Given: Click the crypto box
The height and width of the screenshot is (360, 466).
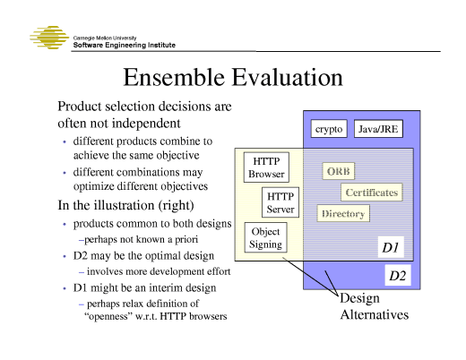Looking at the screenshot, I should [x=329, y=130].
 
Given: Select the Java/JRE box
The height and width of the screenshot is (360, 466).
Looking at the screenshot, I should [x=378, y=130].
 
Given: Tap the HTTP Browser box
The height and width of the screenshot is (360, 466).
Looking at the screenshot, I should [x=266, y=167].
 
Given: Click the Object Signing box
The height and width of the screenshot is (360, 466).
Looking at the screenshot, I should [x=265, y=237].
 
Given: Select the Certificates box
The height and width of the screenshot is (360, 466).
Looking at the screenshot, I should [x=370, y=193].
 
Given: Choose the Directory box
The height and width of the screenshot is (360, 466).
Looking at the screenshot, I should [x=342, y=214].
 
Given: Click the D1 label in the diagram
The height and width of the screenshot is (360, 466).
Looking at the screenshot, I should [x=391, y=246].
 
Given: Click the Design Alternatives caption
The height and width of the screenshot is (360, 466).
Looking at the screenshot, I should [x=374, y=306].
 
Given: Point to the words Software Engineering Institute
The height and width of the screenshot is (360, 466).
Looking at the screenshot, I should [x=130, y=45].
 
